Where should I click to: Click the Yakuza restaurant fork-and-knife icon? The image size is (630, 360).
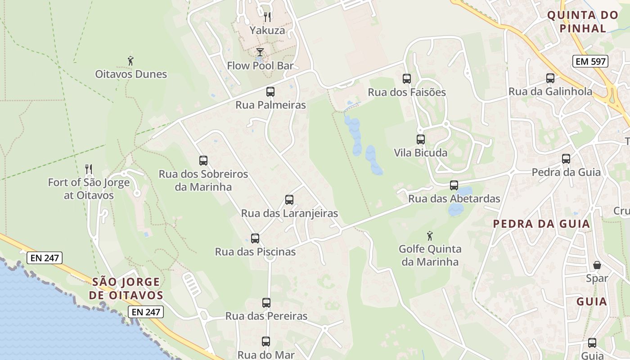click(x=267, y=17)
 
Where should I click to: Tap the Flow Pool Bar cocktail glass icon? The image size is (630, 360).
click(x=260, y=52)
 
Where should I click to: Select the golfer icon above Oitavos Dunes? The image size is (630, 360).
click(x=130, y=61)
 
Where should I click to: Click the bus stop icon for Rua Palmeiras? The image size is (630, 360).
click(x=270, y=92)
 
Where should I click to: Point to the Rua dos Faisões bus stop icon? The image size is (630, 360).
click(x=407, y=79)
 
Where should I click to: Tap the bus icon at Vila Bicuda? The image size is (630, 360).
click(x=421, y=139)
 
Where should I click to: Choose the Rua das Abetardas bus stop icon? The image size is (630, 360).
click(x=454, y=185)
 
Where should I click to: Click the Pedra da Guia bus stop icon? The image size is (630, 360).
click(x=566, y=159)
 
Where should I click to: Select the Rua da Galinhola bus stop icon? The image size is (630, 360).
click(x=550, y=78)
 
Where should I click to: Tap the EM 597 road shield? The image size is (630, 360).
click(x=590, y=61)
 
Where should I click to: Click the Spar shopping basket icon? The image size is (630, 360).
click(x=597, y=265)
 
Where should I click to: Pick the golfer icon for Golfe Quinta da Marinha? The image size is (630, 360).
click(x=430, y=235)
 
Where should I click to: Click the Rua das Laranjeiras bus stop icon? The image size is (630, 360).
click(x=289, y=200)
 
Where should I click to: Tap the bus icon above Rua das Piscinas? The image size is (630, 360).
click(x=255, y=238)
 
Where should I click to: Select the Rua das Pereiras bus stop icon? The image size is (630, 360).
click(x=266, y=303)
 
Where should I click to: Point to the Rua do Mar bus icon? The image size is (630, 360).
click(x=266, y=342)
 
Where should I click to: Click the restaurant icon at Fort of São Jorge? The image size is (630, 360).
click(x=89, y=169)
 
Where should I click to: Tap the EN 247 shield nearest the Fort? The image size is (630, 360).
click(x=45, y=258)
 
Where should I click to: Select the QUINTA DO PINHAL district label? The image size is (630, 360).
click(x=582, y=22)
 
